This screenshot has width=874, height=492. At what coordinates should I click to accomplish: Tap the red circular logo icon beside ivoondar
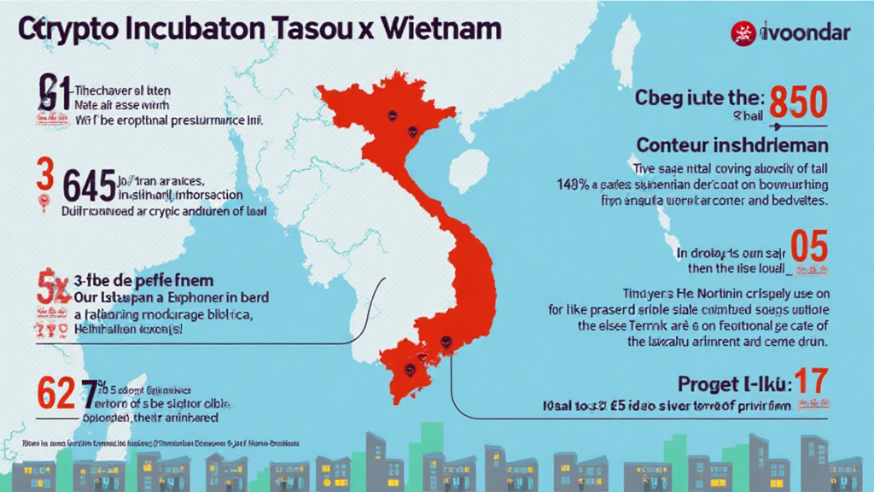tap(743, 34)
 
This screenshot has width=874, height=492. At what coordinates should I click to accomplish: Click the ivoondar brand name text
tap(807, 35)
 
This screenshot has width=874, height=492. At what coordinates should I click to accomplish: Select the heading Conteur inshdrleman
tap(731, 143)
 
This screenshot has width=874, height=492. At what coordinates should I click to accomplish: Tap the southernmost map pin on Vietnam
tap(411, 370)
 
